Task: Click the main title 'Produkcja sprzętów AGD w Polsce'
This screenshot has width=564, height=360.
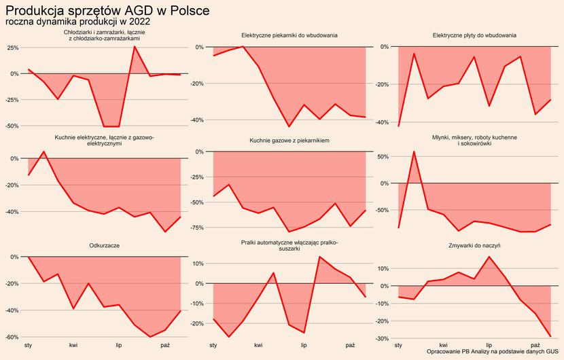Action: click(x=107, y=11)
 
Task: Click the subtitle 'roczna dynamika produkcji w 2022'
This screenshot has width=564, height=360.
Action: click(x=77, y=22)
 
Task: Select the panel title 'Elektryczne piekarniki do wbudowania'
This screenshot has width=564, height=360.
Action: click(x=290, y=35)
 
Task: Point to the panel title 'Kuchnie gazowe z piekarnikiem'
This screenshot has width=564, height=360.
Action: click(x=289, y=141)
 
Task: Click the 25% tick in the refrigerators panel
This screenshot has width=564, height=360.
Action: click(x=12, y=48)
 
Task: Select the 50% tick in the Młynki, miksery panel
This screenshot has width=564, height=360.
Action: click(x=383, y=157)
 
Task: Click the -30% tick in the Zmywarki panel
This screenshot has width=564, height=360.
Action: click(x=381, y=339)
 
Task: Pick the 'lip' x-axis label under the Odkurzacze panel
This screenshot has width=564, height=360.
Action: click(x=119, y=346)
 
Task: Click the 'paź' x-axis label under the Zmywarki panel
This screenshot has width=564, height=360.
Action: click(x=535, y=346)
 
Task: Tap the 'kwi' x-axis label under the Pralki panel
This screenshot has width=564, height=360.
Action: click(x=259, y=346)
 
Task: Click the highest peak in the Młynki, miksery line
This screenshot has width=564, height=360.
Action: click(x=414, y=151)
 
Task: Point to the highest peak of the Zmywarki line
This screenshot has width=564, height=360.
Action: click(x=489, y=257)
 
